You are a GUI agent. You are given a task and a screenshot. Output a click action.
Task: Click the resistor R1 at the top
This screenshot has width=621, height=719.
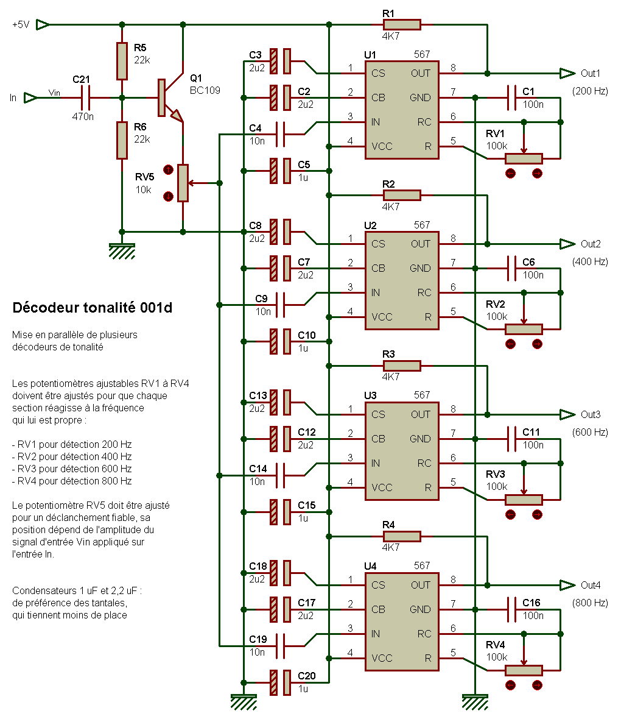(x=401, y=24)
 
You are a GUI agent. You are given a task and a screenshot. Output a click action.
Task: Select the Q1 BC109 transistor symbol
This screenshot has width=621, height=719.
(x=170, y=97)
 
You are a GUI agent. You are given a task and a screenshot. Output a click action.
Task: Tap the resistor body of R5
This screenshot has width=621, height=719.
(x=122, y=61)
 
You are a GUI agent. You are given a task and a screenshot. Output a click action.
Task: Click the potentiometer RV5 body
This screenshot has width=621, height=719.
(x=183, y=183)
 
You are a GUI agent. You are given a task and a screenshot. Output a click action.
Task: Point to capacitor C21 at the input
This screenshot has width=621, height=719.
(x=85, y=97)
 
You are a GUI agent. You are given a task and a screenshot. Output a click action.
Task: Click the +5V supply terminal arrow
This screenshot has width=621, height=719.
(x=43, y=24)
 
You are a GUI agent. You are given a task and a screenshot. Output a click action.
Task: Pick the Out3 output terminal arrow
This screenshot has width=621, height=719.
(x=567, y=414)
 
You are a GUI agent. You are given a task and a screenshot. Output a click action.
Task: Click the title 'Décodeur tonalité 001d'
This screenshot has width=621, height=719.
(x=92, y=307)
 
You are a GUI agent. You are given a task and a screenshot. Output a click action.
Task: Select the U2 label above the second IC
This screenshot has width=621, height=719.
(x=370, y=225)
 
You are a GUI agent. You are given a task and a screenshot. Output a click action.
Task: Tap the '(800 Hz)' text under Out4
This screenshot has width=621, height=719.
(x=590, y=603)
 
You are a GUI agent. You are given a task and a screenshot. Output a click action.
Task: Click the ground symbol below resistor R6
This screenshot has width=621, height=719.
(x=122, y=251)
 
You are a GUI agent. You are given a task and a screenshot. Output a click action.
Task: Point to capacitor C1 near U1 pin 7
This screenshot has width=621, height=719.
(x=511, y=97)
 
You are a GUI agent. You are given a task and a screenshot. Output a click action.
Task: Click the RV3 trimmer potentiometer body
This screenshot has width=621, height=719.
(x=524, y=500)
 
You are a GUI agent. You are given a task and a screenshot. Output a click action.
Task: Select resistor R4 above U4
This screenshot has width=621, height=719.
(x=401, y=536)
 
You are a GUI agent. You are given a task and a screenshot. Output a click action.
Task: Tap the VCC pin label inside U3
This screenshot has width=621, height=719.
(x=382, y=487)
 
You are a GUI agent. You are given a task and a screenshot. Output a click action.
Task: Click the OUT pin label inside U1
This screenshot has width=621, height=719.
(x=420, y=73)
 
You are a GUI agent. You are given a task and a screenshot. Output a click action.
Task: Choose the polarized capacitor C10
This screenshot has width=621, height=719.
(x=280, y=342)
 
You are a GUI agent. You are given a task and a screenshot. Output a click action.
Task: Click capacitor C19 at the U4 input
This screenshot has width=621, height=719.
(x=280, y=646)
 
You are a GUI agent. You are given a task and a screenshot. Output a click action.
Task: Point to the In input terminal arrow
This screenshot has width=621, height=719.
(x=30, y=97)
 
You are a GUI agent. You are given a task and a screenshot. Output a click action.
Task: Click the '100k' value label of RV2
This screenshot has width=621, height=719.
(x=497, y=316)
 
